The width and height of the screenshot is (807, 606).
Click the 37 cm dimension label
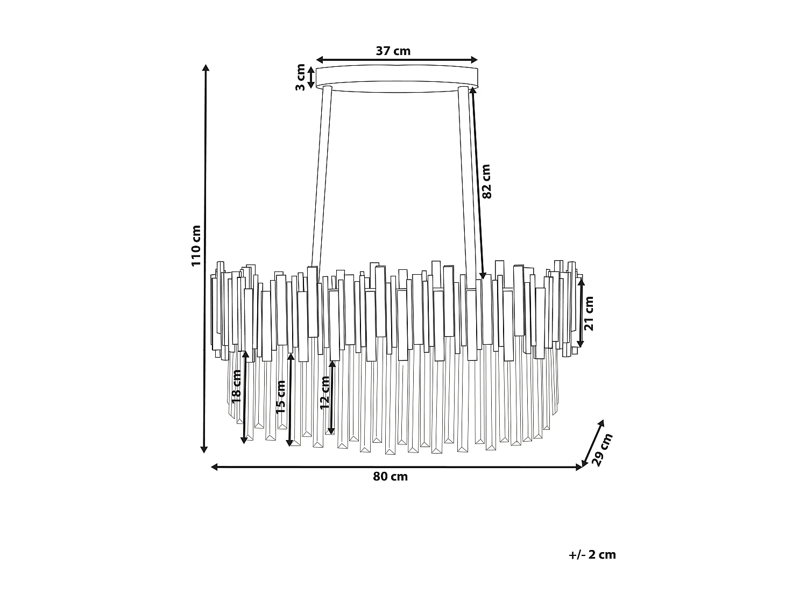click(x=393, y=51)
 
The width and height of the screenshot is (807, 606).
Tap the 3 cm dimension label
click(x=300, y=77)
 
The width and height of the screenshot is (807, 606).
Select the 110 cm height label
click(x=196, y=246)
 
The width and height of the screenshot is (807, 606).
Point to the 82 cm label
click(x=486, y=182)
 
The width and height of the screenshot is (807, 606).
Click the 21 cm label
click(x=589, y=313)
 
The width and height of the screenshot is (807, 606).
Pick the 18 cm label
click(x=236, y=386)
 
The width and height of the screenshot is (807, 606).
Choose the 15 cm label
click(x=280, y=396)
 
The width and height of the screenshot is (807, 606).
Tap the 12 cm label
click(x=324, y=393)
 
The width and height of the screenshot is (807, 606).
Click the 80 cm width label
click(x=391, y=477)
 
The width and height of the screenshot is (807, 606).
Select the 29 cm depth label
click(x=601, y=450)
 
